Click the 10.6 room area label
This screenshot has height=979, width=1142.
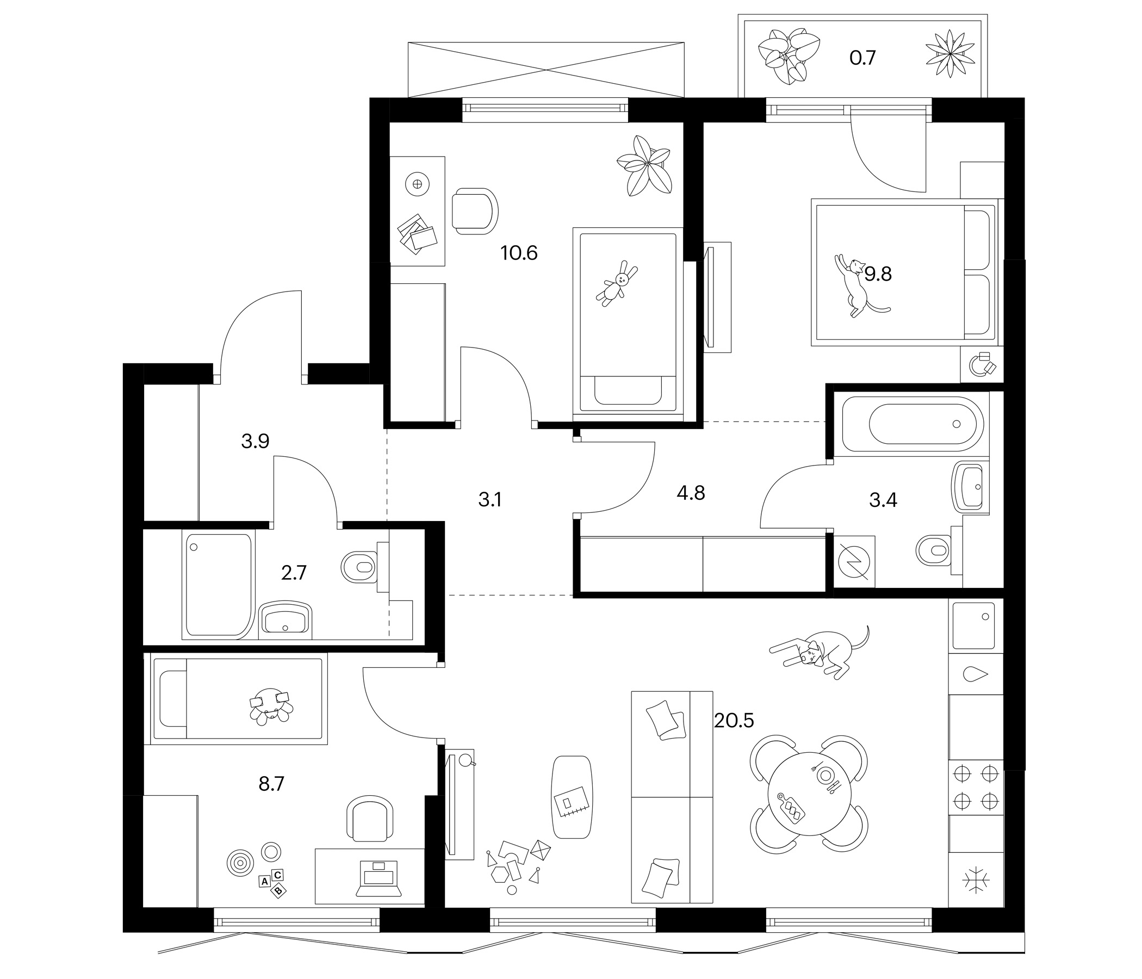tap(519, 253)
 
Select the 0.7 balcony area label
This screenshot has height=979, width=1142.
tap(862, 57)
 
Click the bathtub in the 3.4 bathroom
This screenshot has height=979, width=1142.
tap(910, 424)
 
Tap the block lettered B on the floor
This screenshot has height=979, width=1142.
tap(280, 889)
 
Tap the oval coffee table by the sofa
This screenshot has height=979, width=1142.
tap(573, 797)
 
